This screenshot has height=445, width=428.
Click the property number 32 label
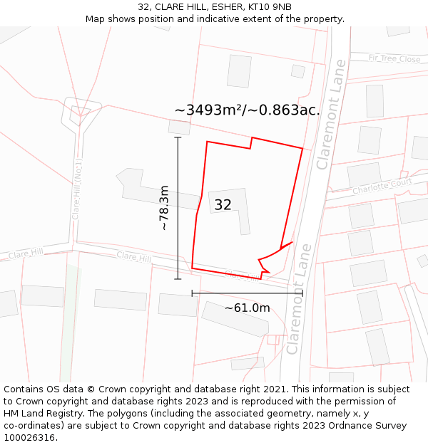pos(223,205)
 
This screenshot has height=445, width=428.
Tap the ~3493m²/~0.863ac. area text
pos(247,110)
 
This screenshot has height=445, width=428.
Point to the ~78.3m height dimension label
pos(164,207)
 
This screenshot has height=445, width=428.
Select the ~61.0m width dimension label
pos(247,308)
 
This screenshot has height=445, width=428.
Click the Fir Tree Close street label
pos(394,59)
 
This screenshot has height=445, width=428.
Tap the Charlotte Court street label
pos(382,187)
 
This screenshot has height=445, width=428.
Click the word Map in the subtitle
pos(96,19)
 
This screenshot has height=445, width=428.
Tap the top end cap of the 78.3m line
pos(178,137)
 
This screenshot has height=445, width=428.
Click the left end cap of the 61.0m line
pos(192,293)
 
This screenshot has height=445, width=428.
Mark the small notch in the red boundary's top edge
pos(251,143)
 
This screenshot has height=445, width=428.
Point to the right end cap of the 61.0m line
pos(302,293)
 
